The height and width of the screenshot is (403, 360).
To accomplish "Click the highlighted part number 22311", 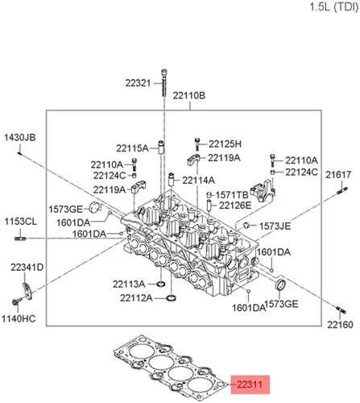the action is tap(250, 384).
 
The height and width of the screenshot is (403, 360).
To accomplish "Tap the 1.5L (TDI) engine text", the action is tap(334, 6).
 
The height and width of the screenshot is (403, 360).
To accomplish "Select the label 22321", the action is tap(138, 83).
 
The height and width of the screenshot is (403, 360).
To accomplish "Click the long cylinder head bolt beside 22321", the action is tap(164, 83).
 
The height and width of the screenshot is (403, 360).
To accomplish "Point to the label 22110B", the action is tap(189, 95).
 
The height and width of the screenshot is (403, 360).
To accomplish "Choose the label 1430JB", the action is tap(20, 137).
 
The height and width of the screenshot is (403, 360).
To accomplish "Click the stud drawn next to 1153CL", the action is tap(20, 238).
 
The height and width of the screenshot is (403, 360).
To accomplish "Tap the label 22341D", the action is tap(27, 268).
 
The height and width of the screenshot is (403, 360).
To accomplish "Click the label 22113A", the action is tap(129, 284).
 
